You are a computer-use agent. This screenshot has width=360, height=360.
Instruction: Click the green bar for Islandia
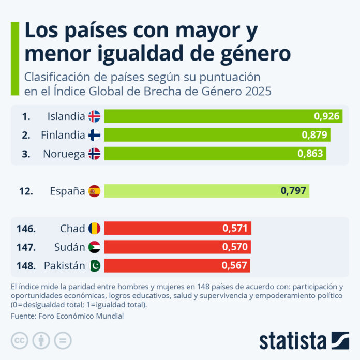pyautogui.click(x=207, y=116)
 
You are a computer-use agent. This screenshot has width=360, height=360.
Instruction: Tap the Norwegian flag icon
pyautogui.click(x=94, y=154)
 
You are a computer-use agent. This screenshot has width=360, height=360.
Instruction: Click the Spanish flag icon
pyautogui.click(x=94, y=191)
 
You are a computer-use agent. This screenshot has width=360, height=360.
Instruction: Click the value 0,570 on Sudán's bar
pyautogui.click(x=235, y=247)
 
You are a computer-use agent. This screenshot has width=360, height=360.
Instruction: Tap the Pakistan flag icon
pyautogui.click(x=94, y=266)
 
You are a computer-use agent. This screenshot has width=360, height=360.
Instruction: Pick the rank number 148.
pyautogui.click(x=25, y=266)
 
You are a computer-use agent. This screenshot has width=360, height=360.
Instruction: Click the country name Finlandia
pyautogui.click(x=63, y=135)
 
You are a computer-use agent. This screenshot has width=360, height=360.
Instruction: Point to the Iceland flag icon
pyautogui.click(x=94, y=116)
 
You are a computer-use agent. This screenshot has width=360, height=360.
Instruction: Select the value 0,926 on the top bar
pyautogui.click(x=327, y=116)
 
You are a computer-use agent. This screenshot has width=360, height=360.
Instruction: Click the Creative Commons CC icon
pyautogui.click(x=19, y=340)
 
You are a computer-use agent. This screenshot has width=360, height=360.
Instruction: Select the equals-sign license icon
pyautogui.click(x=63, y=340)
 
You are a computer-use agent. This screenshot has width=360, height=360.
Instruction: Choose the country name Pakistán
pyautogui.click(x=64, y=266)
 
